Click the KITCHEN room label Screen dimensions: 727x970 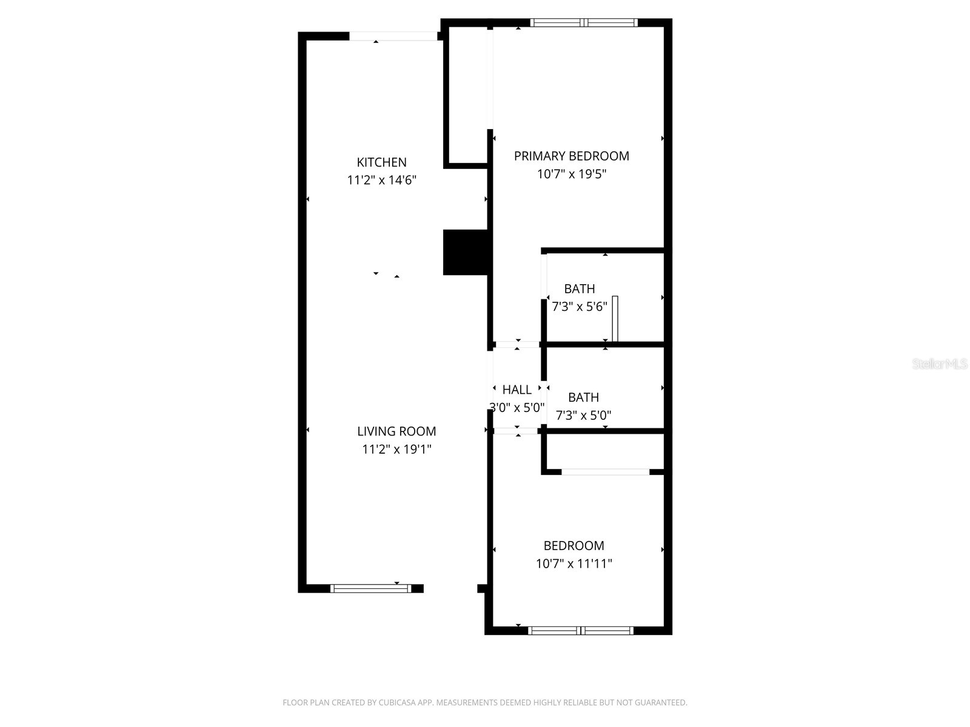[x=381, y=162]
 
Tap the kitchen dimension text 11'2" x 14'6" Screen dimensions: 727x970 [x=381, y=181]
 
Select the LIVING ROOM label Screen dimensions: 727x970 [x=396, y=431]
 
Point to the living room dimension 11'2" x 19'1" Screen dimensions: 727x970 [x=396, y=450]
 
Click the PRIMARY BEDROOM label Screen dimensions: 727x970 [x=571, y=156]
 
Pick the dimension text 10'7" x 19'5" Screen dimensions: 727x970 [x=571, y=174]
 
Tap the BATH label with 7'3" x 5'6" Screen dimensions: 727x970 [x=579, y=289]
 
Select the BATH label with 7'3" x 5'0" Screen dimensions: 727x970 [x=583, y=397]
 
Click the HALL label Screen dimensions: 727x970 [x=517, y=390]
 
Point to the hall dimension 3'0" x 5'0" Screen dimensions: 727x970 [x=517, y=408]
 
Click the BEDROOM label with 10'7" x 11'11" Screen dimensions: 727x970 [x=574, y=546]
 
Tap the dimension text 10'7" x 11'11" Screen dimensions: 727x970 [x=574, y=564]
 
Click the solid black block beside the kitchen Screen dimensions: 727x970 [x=465, y=253]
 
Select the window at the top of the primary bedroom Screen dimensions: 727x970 [x=583, y=23]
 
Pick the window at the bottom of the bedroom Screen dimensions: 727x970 [x=581, y=631]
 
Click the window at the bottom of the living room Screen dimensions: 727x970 [x=370, y=588]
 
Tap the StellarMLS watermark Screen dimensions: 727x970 [x=939, y=364]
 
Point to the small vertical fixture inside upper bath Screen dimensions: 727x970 [x=615, y=319]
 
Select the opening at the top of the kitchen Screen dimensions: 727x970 [x=393, y=36]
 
